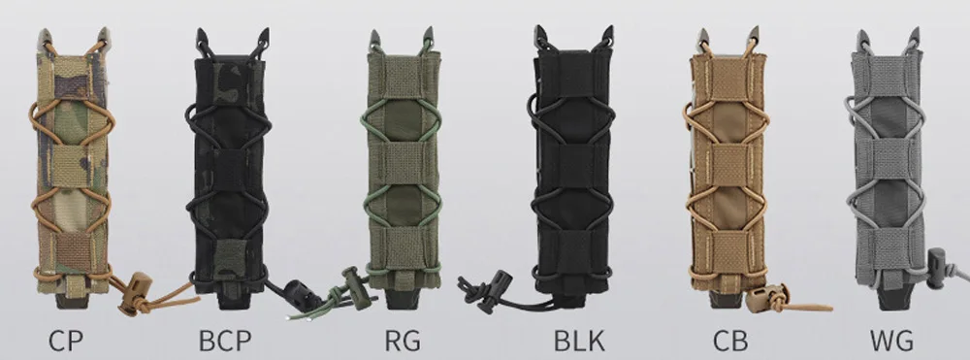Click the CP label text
66,341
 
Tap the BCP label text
225,341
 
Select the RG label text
403,341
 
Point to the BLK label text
579,341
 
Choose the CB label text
730,341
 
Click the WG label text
891,341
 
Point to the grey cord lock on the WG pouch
937,268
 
